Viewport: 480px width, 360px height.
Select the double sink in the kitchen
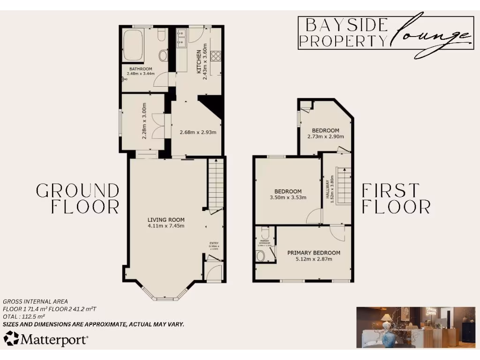182,38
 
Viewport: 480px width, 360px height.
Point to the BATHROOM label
141,68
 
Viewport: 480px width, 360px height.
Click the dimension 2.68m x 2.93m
198,132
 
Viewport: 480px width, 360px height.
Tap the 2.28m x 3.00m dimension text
144,120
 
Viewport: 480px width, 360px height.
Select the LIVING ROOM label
166,219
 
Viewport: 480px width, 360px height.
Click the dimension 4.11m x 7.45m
166,226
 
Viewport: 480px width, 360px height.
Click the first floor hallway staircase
344,185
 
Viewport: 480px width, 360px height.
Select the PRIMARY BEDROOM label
314,253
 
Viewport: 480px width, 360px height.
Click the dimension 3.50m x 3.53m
287,197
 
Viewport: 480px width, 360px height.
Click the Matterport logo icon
11,338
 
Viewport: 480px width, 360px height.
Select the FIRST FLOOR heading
396,199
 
